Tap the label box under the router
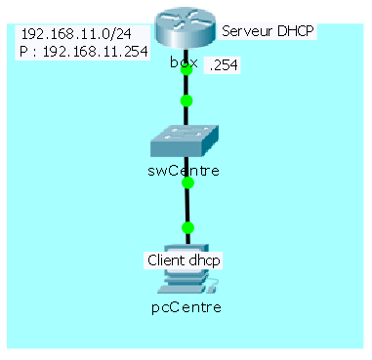[x=182, y=62]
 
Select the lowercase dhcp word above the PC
[x=206, y=260]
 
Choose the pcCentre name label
[x=186, y=307]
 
